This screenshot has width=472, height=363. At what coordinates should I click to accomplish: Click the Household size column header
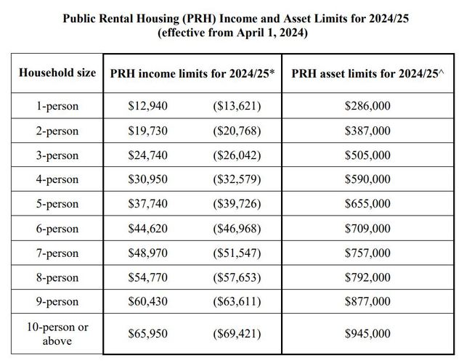pos(57,73)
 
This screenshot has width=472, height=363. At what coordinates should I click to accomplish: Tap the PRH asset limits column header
pos(367,73)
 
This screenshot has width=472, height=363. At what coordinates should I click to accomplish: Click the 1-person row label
pos(57,106)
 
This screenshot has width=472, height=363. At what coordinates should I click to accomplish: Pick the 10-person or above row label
pos(57,333)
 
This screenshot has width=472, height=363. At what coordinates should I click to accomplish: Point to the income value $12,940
pos(147,106)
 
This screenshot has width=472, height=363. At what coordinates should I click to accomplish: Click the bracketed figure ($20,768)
pos(237,131)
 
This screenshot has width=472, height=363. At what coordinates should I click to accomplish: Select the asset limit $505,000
pos(367,155)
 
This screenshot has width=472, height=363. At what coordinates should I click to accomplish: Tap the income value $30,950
pos(147,179)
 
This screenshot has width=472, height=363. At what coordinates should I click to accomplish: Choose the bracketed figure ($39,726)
pos(237,204)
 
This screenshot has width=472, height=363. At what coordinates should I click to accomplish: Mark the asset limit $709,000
pos(367,229)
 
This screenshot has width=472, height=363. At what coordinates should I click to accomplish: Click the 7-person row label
pos(57,253)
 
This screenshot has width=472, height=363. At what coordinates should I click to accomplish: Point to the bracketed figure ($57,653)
pos(237,277)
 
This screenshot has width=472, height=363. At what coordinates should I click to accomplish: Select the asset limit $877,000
pos(367,301)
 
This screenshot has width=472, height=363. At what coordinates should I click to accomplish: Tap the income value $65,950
pos(147,334)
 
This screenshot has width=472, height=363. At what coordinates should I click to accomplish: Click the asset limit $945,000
pos(367,334)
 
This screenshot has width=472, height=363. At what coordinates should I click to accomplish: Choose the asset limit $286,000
pos(367,106)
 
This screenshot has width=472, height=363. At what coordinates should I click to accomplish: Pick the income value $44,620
pos(147,229)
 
